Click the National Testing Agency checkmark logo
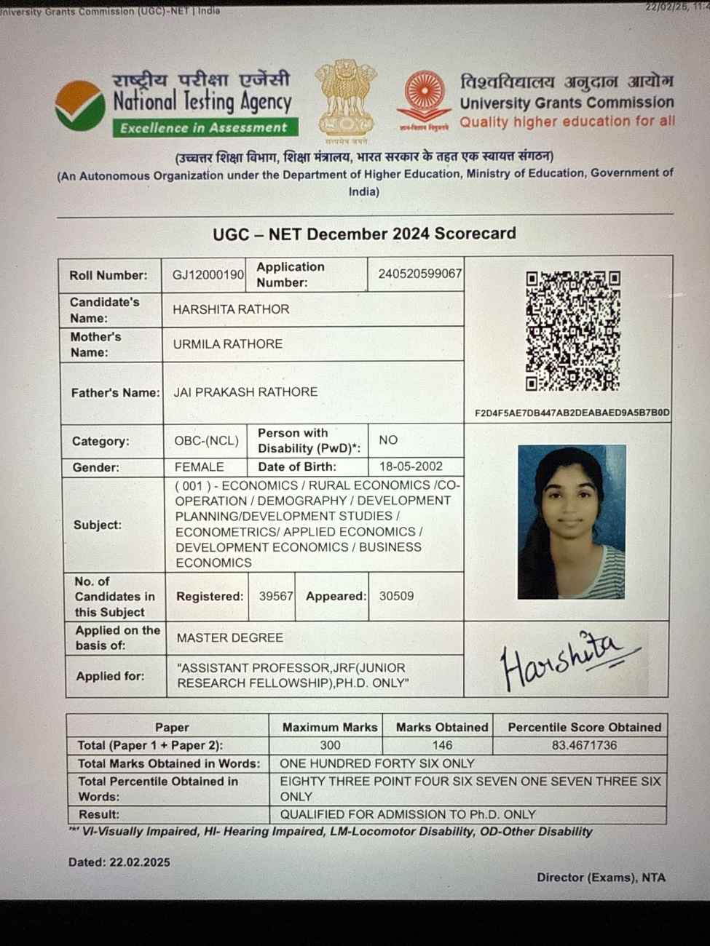tap(80, 106)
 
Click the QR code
tap(573, 331)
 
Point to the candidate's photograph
tap(572, 522)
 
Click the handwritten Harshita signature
tap(568, 659)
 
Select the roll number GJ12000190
tap(208, 275)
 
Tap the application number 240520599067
tap(419, 274)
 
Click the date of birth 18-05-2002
tap(411, 466)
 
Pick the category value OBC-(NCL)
tap(206, 441)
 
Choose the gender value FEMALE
tap(199, 467)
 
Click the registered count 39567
tap(275, 596)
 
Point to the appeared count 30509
tap(396, 596)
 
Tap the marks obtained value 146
tap(442, 745)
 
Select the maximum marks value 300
tap(330, 745)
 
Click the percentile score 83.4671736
tap(584, 745)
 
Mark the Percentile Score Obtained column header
tap(584, 727)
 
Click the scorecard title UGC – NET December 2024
tap(364, 234)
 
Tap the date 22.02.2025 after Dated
tap(140, 862)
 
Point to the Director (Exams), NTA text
tap(601, 878)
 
